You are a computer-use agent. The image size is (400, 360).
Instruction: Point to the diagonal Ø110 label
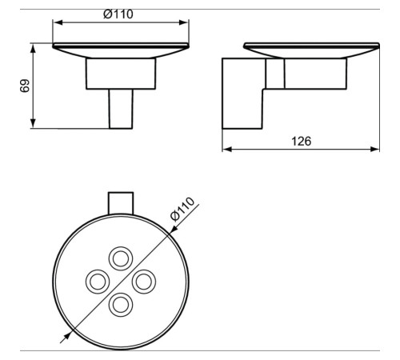tap(183, 214)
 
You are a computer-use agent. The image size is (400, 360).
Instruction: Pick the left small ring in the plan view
tap(98, 282)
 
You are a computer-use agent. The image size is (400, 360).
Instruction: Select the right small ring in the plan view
tap(145, 282)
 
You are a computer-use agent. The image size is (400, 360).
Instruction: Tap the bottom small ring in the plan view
tap(122, 305)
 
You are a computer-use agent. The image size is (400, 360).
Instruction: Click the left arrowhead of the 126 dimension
tap(226, 149)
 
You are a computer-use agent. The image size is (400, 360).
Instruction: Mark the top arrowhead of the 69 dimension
tap(34, 48)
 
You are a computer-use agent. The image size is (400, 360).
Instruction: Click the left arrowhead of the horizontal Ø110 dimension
tap(57, 22)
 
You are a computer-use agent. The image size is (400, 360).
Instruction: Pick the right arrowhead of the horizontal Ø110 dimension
tap(187, 22)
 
